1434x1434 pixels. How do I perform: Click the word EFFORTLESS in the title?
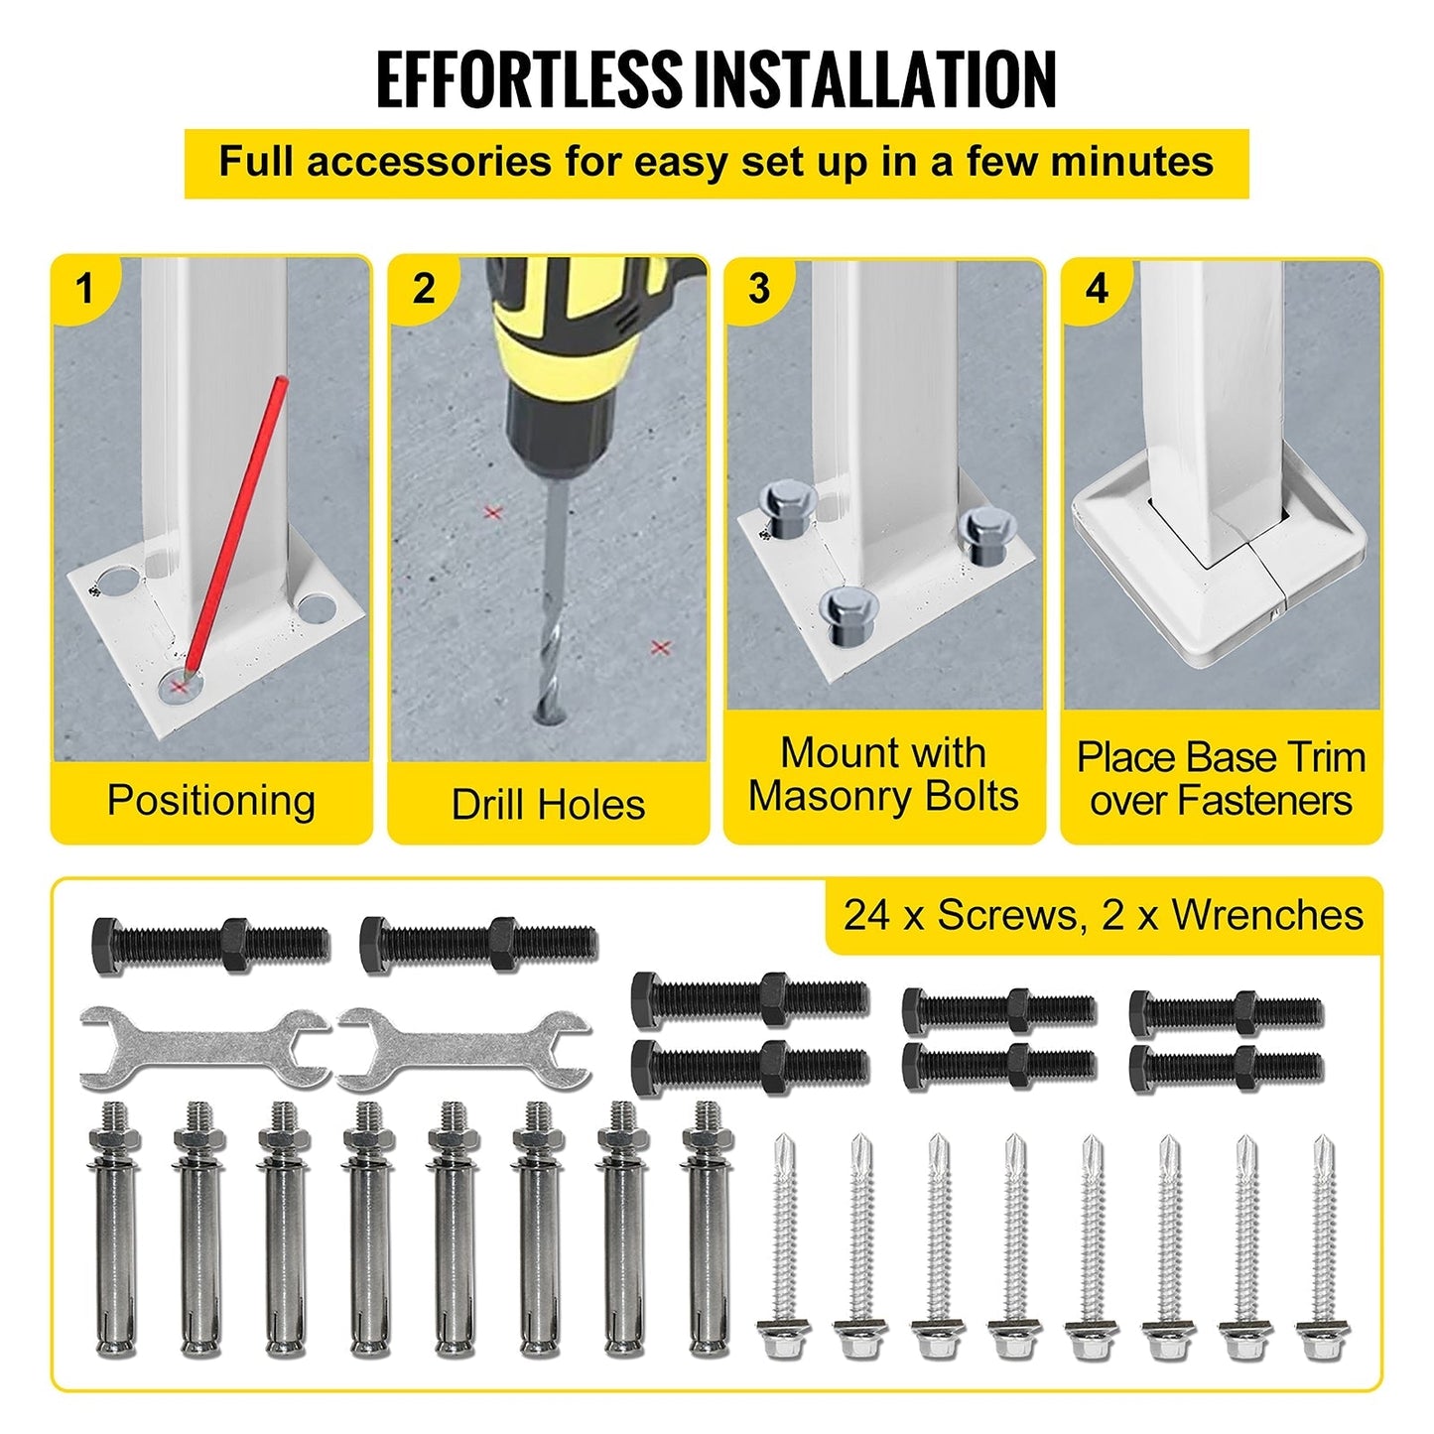(x=528, y=79)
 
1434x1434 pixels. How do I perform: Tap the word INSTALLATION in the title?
(x=875, y=79)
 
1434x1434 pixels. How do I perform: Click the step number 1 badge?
(x=84, y=289)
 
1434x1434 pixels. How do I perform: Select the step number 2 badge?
(x=423, y=289)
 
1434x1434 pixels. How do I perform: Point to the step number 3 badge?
(x=759, y=289)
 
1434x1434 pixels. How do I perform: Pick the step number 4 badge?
(x=1097, y=289)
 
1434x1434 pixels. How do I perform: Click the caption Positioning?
(x=211, y=802)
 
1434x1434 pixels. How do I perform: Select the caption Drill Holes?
(x=549, y=805)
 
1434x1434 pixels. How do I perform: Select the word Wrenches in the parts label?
(x=1268, y=915)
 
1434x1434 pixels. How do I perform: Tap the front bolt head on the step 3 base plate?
(x=848, y=614)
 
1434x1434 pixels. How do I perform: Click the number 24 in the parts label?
(x=866, y=915)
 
